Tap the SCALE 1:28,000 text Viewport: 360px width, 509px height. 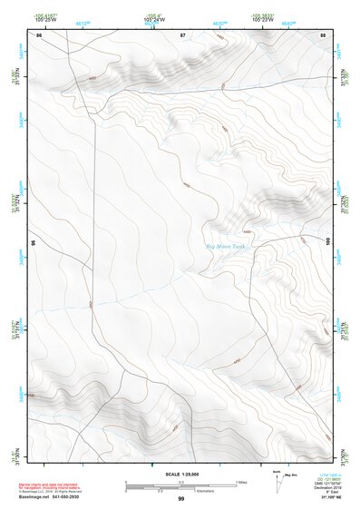[x=180, y=475]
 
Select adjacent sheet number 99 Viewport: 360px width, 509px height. [x=180, y=498]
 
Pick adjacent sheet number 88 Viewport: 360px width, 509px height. [x=324, y=34]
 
